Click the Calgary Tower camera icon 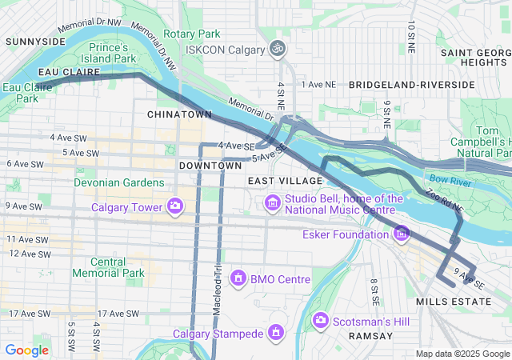pyautogui.click(x=174, y=208)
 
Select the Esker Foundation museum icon pyautogui.click(x=402, y=234)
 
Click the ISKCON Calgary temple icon pyautogui.click(x=278, y=50)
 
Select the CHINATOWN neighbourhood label pyautogui.click(x=179, y=114)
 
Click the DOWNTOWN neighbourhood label pyautogui.click(x=210, y=165)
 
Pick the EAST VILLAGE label pyautogui.click(x=273, y=182)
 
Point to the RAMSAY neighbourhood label pyautogui.click(x=370, y=337)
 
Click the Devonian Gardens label pyautogui.click(x=118, y=182)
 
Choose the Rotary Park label pyautogui.click(x=192, y=34)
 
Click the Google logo pyautogui.click(x=26, y=350)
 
